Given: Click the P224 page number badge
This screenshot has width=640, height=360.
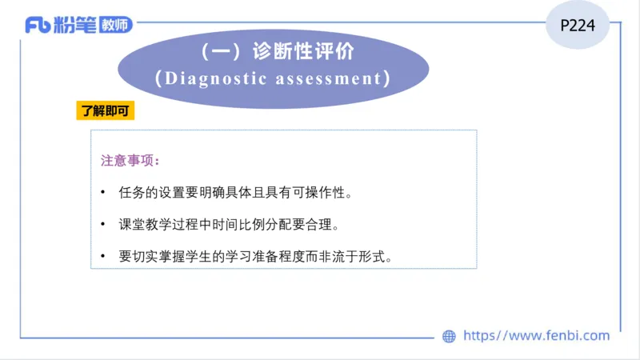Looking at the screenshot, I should pos(578,26).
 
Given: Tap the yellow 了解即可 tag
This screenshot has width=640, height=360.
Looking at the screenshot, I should pos(105,110).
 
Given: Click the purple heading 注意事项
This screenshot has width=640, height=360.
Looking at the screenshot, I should pos(130,160).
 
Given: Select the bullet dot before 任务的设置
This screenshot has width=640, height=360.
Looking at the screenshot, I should pos(103,193).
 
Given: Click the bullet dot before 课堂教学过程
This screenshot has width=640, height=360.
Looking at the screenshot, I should pos(103,226).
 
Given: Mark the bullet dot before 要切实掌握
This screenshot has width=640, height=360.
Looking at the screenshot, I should pos(103,258).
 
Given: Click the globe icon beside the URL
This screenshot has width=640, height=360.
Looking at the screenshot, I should pos(449,336).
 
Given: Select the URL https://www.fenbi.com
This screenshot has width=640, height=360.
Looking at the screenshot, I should pos(536,336).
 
